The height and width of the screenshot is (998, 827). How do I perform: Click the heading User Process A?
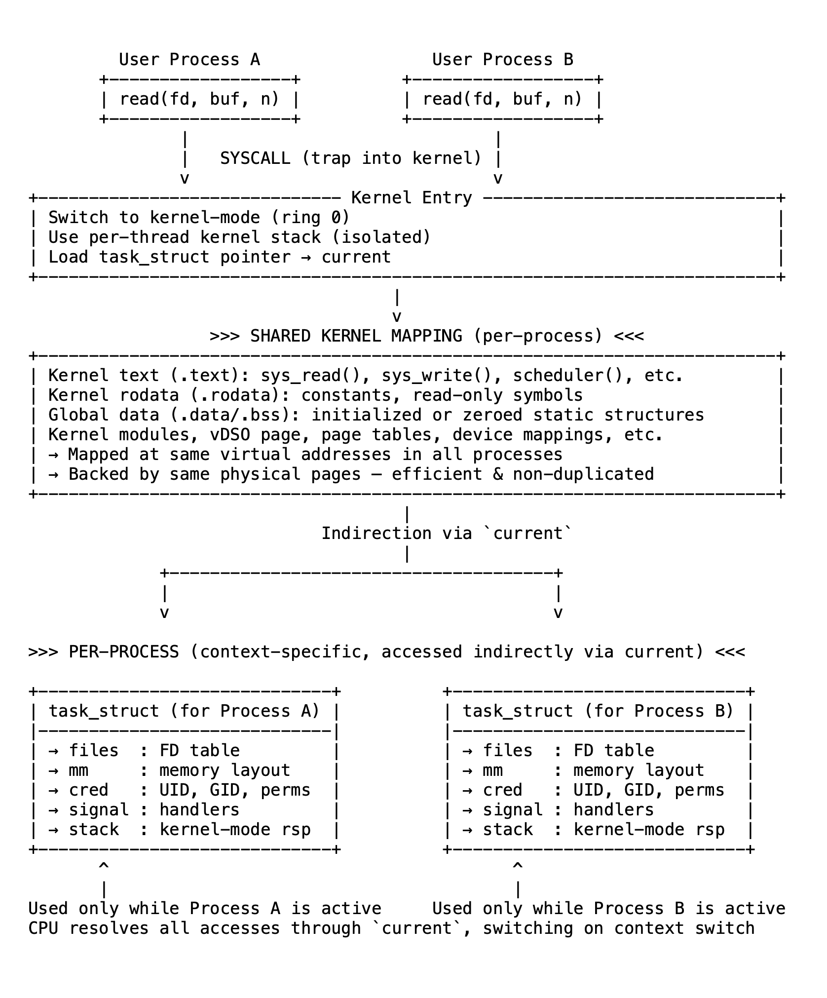(189, 60)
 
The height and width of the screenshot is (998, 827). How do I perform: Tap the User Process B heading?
(503, 60)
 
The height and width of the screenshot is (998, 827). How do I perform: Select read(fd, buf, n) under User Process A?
(199, 99)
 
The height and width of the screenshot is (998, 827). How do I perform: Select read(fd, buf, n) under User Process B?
(503, 99)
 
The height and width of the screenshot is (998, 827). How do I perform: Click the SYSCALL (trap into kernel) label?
(351, 158)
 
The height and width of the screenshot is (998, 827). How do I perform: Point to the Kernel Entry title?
(412, 198)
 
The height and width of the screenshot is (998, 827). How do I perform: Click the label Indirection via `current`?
(447, 534)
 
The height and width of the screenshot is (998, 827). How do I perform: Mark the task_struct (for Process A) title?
(185, 711)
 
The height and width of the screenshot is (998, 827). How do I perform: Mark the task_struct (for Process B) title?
(599, 711)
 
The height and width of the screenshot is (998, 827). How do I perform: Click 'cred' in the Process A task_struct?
(89, 790)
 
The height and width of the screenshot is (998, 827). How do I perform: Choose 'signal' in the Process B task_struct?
(513, 810)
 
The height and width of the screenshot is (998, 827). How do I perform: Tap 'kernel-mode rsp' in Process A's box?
(235, 830)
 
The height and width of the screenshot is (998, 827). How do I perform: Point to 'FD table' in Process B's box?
(614, 751)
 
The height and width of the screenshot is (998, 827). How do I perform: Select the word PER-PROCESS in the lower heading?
(124, 652)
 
